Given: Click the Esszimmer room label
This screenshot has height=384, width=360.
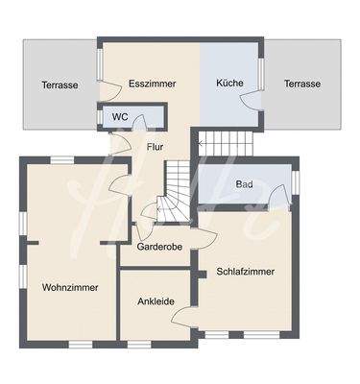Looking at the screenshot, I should click(152, 84).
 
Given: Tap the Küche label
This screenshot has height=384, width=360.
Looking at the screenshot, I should click(229, 84).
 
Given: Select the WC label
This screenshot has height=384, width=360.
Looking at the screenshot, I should click(120, 117).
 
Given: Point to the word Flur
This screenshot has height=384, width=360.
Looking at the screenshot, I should click(155, 147).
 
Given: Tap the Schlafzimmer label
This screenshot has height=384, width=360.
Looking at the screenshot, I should click(246, 272).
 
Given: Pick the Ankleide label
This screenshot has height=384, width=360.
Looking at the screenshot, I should click(156, 301).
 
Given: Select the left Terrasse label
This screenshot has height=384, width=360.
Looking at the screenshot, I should click(60, 84).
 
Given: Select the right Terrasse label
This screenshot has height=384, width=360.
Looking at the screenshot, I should click(301, 84).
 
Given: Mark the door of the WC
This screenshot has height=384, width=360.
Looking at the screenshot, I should click(138, 122).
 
